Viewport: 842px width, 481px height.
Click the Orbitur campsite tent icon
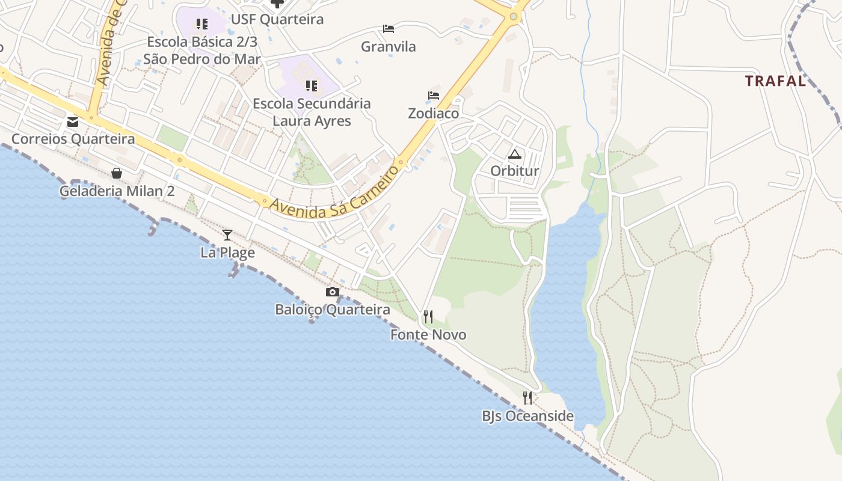pos(515,154)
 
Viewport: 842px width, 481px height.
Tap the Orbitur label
pos(515,171)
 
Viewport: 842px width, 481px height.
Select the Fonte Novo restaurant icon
pos(428,317)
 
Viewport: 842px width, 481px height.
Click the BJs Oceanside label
pos(527,416)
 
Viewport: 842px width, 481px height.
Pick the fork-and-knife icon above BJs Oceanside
pos(527,397)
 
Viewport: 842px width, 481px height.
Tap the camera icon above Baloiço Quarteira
pos(332,292)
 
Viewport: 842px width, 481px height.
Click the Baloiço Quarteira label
pos(333,310)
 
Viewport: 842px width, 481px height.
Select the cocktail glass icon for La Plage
pos(227,234)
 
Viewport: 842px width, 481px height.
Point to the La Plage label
pos(227,253)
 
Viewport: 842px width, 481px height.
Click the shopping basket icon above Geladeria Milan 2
pos(117,173)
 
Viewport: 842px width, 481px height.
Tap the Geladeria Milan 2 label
pos(117,191)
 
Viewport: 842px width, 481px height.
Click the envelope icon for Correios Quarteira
pos(73,122)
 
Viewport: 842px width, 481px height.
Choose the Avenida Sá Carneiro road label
pos(334,192)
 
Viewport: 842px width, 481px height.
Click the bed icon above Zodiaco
pos(434,96)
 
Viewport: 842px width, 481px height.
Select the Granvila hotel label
pos(389,46)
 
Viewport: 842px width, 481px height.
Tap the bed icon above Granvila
pos(389,28)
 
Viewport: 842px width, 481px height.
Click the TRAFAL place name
pos(775,81)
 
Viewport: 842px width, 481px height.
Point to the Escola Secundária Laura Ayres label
pos(312,112)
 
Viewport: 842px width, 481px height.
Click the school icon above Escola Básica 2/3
pos(202,24)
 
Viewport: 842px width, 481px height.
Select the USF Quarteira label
pos(277,19)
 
